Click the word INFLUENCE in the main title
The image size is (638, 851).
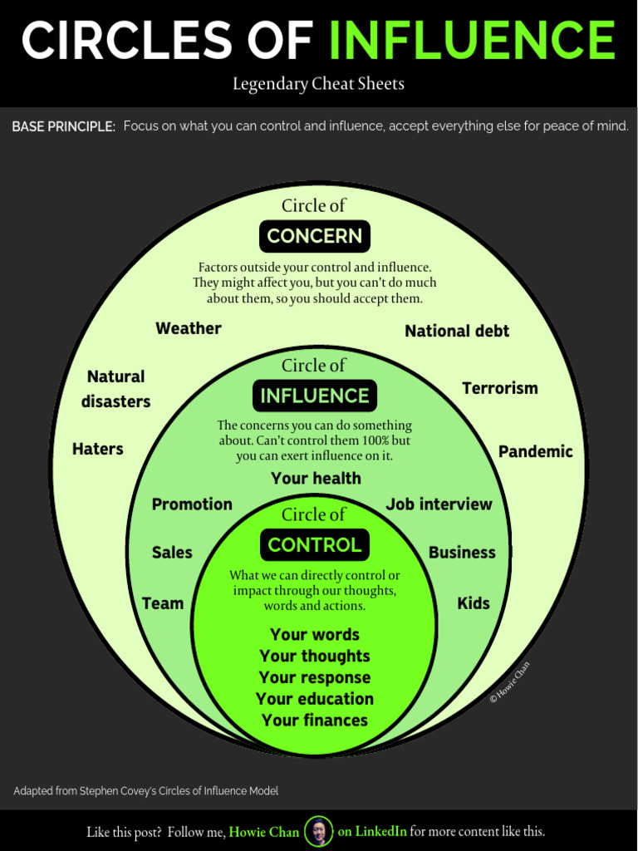point(472,40)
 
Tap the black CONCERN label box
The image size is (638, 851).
point(315,236)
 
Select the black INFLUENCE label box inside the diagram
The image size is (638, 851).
point(315,396)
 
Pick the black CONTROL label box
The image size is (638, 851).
point(315,545)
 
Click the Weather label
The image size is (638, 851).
point(189,328)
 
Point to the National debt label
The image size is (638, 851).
point(457,331)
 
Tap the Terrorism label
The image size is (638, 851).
point(500,388)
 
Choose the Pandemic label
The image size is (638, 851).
point(536,451)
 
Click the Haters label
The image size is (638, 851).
point(98,449)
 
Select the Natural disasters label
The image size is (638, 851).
point(116,389)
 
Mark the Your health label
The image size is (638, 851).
point(316,478)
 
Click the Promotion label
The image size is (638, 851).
point(192,504)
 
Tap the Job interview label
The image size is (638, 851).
point(439,504)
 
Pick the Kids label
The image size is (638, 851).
point(474,603)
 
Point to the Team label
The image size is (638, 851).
point(163,603)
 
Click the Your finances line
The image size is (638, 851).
point(315,721)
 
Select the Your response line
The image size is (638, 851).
point(315,677)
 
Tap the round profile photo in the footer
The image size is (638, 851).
point(318,831)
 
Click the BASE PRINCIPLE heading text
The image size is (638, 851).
point(63,127)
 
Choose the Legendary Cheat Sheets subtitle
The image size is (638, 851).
point(318,84)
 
